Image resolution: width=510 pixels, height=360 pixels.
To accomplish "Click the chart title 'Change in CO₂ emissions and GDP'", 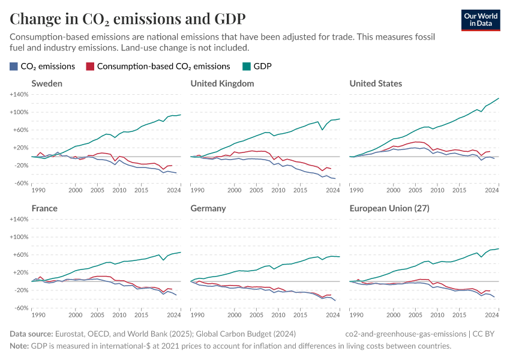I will coord(127,18).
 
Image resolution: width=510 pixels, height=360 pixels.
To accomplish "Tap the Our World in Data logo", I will coord(482,19).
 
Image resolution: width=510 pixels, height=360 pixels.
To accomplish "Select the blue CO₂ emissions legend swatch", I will coord(14,67).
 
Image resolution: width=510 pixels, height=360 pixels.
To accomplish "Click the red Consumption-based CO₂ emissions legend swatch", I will coord(90,67).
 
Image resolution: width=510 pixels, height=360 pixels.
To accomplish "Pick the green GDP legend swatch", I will coord(247,67).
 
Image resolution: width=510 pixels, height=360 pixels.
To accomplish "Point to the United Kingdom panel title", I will coord(222,83).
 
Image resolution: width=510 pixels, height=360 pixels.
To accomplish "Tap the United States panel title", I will coord(376,83).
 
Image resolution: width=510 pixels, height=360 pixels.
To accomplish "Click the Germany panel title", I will coord(208,208).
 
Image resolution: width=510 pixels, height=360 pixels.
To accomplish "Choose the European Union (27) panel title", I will coord(389,208).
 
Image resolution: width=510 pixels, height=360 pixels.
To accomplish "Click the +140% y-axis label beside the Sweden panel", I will coord(20,95).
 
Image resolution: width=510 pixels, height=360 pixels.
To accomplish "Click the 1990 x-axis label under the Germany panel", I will coord(197,315).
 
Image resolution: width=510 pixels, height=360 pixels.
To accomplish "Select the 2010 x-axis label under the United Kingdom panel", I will coord(277,190).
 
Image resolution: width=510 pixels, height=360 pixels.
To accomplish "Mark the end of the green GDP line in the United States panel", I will coord(499,98).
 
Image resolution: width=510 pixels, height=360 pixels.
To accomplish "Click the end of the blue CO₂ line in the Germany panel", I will coord(335,301).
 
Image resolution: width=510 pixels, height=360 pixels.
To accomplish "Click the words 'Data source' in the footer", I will coord(31,334).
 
